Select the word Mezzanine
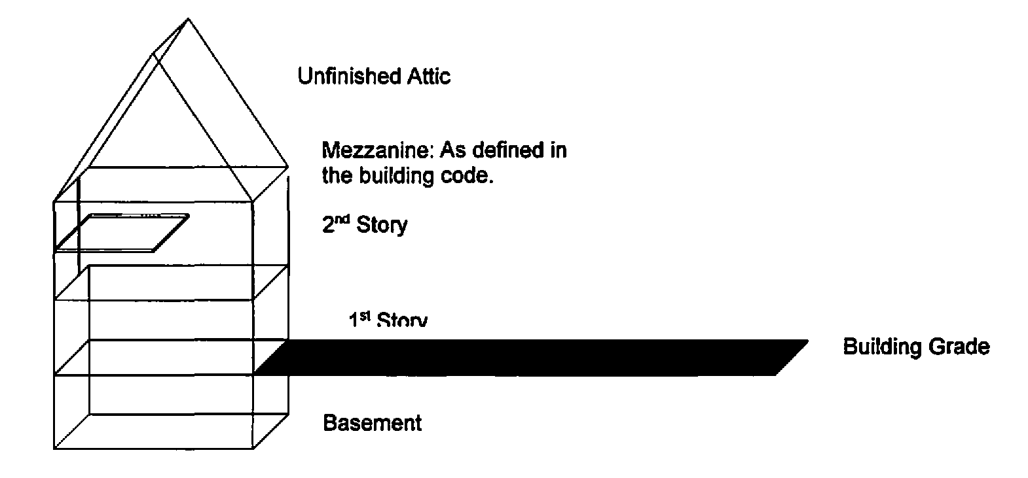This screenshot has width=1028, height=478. point(378,151)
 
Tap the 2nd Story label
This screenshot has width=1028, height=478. point(365,225)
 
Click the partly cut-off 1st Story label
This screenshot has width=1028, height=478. point(388,320)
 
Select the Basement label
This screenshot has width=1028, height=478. point(373,423)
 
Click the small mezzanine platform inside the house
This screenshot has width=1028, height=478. point(122,232)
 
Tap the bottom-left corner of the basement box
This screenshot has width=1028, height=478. point(54,449)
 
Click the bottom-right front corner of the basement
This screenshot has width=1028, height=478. point(253,449)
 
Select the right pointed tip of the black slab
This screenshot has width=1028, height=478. point(807,341)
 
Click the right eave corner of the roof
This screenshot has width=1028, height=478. point(289,167)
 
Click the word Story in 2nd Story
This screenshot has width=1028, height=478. point(382,225)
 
